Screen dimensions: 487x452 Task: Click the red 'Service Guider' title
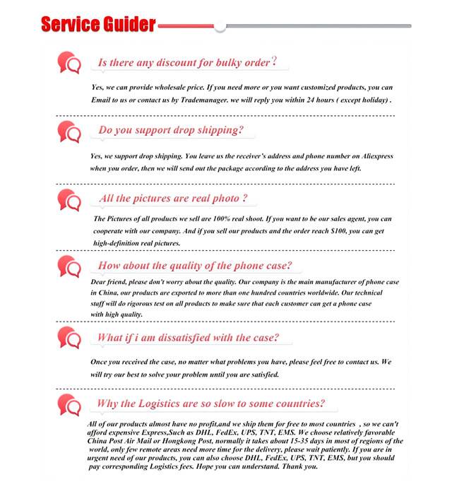tap(98, 25)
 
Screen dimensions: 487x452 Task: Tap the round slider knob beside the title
tap(220, 26)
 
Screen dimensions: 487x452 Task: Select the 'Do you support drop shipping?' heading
tap(171, 130)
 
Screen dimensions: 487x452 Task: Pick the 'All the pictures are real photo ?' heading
tap(174, 198)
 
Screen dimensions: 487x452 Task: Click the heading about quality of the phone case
tap(195, 266)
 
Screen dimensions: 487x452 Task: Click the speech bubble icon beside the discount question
tap(69, 64)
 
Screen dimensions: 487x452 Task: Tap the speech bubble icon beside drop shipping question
tap(69, 131)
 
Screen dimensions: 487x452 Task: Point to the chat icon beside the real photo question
tap(69, 199)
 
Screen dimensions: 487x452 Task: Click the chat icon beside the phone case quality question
tap(69, 267)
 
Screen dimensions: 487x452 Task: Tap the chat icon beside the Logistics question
tap(69, 405)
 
